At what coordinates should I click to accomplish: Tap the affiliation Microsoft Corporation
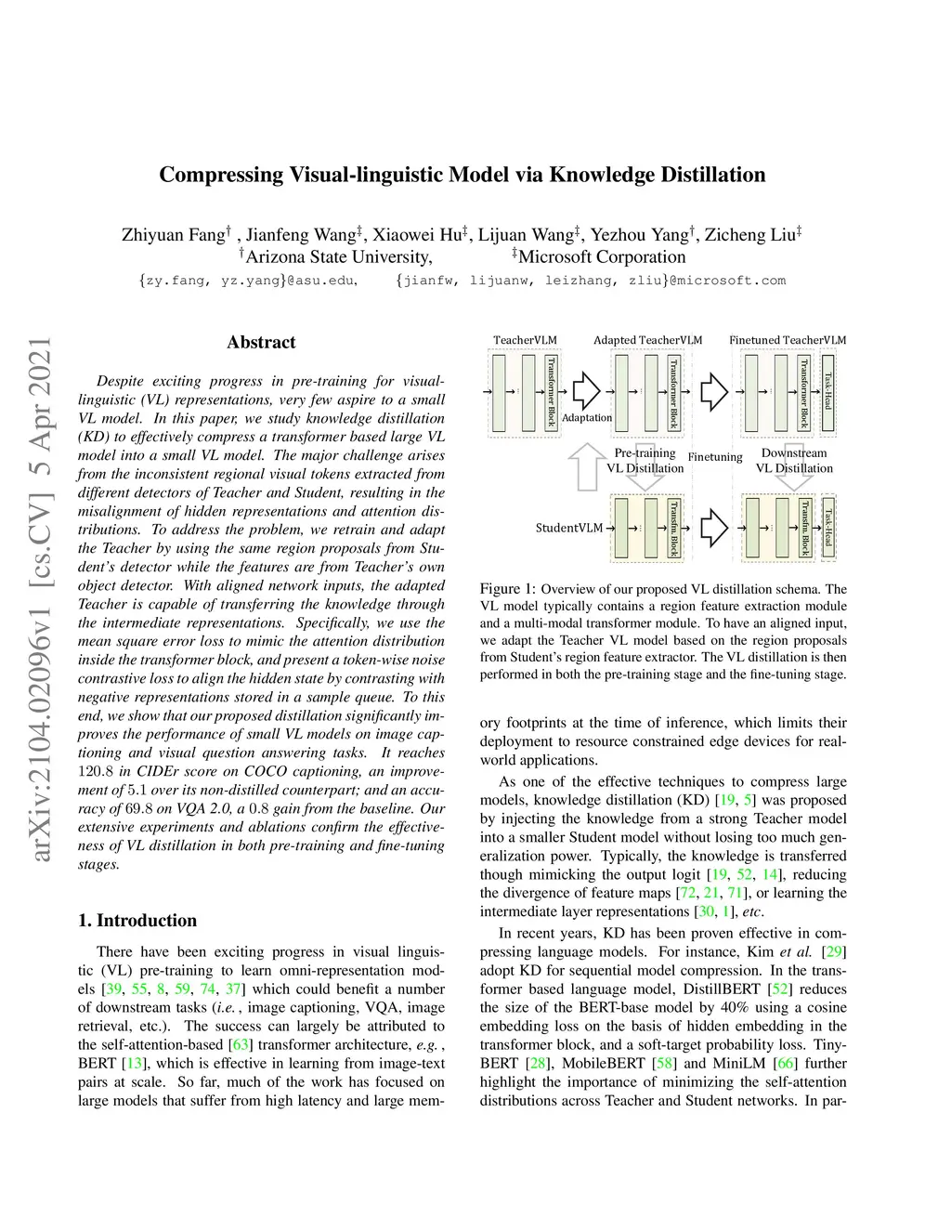pos(601,257)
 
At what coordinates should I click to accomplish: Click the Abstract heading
pos(261,342)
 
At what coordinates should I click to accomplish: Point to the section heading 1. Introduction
pos(137,921)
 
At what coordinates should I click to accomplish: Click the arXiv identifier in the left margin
pos(41,599)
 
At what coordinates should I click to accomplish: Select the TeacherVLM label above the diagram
pos(525,340)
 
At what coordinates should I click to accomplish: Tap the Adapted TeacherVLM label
pos(647,340)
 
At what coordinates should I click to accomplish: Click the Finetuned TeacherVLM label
pos(788,340)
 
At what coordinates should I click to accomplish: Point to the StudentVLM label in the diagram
pos(569,528)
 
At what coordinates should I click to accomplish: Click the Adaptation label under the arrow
pos(587,418)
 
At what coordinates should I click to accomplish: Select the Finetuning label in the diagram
pos(715,457)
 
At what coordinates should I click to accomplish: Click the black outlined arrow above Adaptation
pos(587,391)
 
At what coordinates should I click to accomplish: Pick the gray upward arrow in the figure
pos(586,466)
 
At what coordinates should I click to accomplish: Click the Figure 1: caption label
pos(508,589)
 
